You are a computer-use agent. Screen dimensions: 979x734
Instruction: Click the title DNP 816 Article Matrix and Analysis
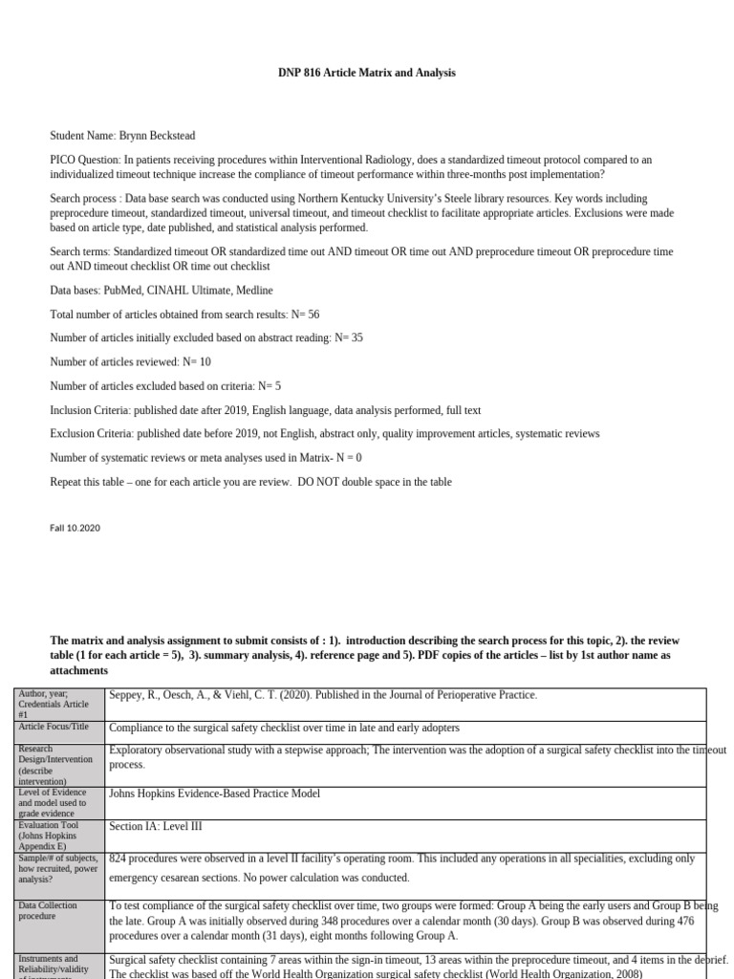coord(367,73)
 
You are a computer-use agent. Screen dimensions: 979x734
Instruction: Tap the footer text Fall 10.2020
coord(75,528)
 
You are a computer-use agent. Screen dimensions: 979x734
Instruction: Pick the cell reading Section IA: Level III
coord(156,826)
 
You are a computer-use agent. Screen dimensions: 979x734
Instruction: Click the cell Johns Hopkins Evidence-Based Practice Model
coord(214,794)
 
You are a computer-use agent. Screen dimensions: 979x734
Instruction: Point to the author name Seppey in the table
coord(129,695)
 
